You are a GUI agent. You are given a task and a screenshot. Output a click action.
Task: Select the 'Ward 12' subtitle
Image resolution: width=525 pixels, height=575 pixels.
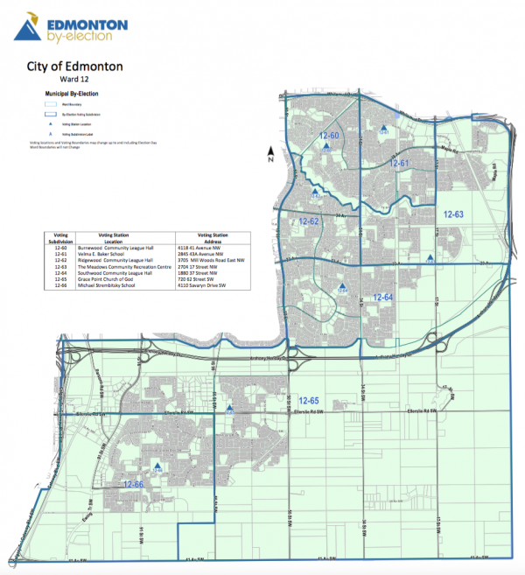tap(88, 80)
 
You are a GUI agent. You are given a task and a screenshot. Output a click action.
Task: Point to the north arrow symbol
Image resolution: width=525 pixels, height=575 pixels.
tap(272, 158)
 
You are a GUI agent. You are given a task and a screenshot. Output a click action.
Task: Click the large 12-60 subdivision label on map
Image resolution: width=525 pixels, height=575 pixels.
tap(329, 136)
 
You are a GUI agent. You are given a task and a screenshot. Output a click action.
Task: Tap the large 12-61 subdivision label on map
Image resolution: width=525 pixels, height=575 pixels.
tap(399, 164)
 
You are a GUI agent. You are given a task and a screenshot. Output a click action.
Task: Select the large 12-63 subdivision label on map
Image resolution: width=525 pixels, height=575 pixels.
tap(452, 214)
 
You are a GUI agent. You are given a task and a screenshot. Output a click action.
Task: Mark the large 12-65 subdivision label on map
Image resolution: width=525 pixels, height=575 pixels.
tap(309, 399)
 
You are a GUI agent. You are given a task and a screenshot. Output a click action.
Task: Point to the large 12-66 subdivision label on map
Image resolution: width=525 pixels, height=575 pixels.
tap(134, 484)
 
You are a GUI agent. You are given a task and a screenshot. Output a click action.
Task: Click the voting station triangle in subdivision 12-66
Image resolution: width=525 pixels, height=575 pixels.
tap(157, 467)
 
